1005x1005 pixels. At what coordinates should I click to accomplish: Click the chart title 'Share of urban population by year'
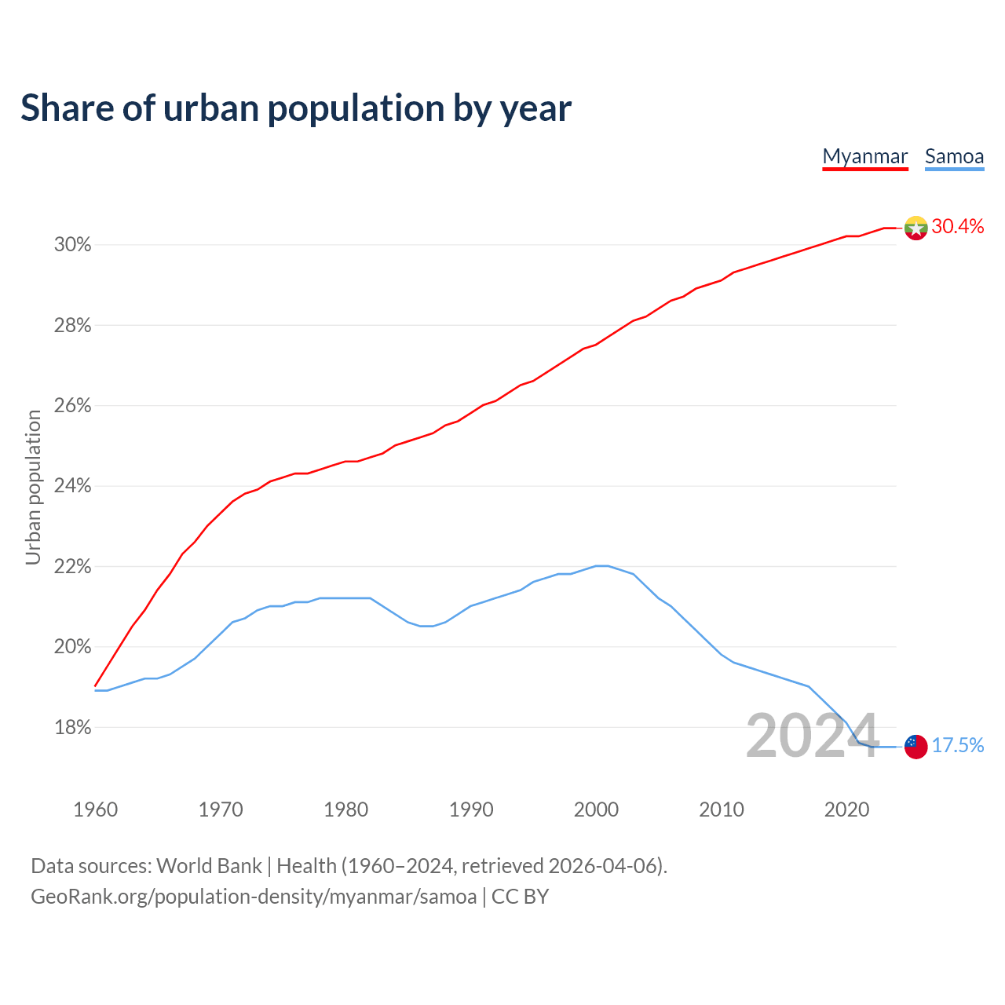click(296, 108)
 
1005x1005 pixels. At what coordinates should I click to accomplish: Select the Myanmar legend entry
click(865, 156)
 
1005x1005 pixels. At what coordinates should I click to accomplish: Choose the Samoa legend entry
click(954, 156)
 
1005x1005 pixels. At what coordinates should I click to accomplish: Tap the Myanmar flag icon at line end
click(915, 228)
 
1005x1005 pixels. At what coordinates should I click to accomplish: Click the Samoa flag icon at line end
click(915, 746)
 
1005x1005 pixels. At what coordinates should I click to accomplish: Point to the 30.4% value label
click(957, 227)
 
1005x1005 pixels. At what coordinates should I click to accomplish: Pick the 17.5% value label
click(957, 746)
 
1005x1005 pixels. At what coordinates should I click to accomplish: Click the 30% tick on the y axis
click(73, 245)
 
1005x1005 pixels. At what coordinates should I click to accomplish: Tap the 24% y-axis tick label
click(73, 486)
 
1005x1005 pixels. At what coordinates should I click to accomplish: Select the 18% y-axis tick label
click(73, 728)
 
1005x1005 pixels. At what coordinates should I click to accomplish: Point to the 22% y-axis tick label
click(73, 567)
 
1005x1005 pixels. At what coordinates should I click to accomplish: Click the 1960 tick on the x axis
click(95, 809)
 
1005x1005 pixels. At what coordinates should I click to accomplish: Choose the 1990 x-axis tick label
click(471, 809)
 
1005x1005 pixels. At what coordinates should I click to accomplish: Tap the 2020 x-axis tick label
click(846, 809)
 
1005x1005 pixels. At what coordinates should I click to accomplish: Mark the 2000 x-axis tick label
click(596, 809)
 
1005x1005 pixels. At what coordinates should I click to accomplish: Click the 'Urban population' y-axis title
click(33, 488)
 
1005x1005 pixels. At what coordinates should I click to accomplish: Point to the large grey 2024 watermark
click(812, 736)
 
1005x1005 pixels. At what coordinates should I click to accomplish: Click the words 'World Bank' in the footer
click(209, 866)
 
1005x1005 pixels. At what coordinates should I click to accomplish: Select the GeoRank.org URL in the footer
click(254, 897)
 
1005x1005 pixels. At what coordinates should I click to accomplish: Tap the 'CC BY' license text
click(520, 897)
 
